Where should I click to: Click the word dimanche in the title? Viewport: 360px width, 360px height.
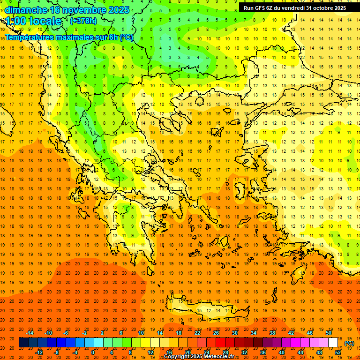26,10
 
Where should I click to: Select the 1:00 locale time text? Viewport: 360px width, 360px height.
33,21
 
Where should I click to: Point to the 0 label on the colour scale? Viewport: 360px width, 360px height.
93,352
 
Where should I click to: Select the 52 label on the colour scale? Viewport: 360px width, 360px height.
338,352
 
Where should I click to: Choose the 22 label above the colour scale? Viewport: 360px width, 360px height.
197,333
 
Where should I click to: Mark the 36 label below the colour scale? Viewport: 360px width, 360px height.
262,352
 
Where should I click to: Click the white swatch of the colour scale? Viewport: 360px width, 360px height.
333,343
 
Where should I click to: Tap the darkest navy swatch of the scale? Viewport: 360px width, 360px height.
23,343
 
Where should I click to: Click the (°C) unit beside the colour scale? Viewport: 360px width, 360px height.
350,343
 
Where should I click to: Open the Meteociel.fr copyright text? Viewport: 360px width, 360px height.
201,357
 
